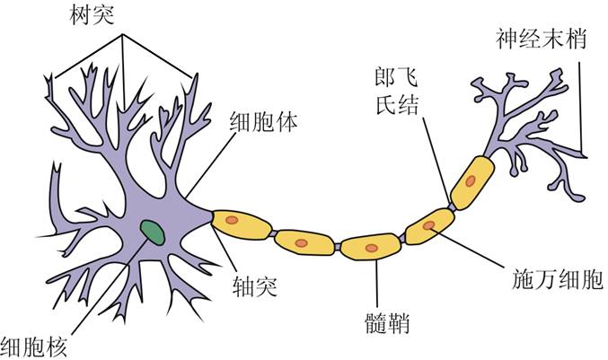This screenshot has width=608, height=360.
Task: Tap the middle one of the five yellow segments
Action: tap(369, 246)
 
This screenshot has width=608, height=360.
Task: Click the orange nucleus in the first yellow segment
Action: tap(232, 219)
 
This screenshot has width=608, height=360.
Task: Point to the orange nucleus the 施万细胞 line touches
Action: tap(429, 225)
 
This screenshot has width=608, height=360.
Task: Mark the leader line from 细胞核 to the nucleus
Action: tap(99, 287)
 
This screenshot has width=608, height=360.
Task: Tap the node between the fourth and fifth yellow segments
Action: tap(452, 205)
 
